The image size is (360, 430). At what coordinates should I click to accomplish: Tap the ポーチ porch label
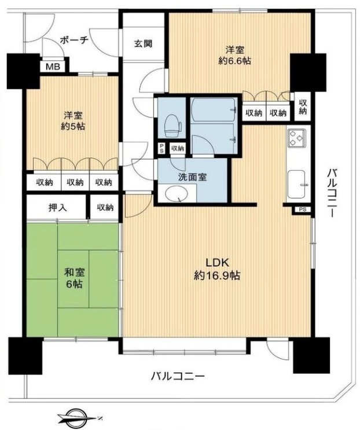point(74,41)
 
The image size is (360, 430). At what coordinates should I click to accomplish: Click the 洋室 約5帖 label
point(73,120)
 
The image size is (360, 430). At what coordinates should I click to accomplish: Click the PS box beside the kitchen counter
point(303,210)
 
